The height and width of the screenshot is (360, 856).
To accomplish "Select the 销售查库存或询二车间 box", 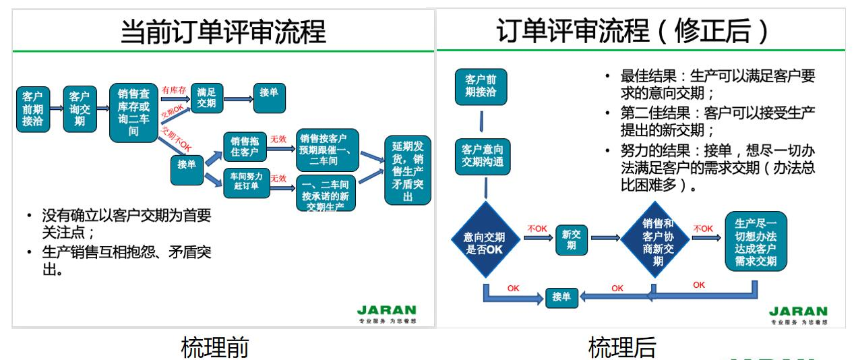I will click(133, 113).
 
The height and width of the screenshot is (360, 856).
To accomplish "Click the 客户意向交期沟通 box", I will click(481, 156).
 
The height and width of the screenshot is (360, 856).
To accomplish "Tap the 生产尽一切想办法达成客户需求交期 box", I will click(756, 241).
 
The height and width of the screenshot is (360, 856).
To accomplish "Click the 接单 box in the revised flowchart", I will click(561, 296).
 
